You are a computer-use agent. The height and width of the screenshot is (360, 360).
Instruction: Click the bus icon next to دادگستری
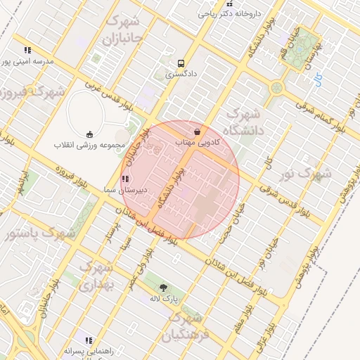pos(181,62)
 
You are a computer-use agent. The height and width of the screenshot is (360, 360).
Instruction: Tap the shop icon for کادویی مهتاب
pos(196,131)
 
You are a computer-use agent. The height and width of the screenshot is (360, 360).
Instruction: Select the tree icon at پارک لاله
pos(164,287)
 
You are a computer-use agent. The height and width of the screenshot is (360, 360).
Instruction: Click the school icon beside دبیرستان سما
pos(125,179)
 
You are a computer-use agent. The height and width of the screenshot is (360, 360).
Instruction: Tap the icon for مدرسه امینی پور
pos(27,51)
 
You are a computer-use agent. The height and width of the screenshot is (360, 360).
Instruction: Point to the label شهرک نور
pos(297,173)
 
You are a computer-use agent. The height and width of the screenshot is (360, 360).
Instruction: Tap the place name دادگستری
pos(182,73)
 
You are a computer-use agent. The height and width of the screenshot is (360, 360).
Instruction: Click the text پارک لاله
pos(165,299)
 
